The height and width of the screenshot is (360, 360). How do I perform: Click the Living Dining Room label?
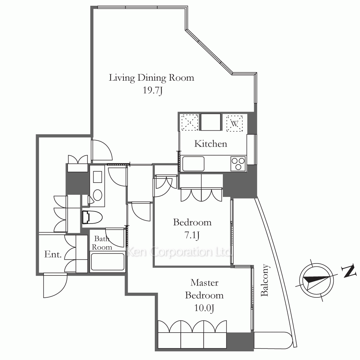[x=151, y=78]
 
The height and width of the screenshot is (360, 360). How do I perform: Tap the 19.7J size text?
[x=153, y=90]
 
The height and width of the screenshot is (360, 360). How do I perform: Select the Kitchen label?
[x=211, y=144]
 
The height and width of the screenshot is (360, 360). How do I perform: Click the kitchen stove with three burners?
[x=238, y=163]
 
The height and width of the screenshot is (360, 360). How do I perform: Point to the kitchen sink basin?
[x=193, y=164]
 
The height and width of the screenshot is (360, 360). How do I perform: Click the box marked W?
[x=234, y=123]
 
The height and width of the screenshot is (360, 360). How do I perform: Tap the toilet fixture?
[x=92, y=217]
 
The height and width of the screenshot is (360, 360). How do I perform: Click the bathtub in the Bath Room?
[x=108, y=261]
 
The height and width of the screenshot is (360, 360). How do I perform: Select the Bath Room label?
[x=102, y=243]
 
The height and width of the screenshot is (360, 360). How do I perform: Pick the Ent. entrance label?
[x=53, y=255]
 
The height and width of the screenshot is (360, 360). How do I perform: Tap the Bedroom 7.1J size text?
[x=192, y=235]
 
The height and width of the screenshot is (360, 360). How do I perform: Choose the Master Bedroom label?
[x=204, y=289]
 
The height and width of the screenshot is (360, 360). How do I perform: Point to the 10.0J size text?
[x=204, y=308]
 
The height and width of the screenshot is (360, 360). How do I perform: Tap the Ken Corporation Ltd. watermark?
[x=179, y=252]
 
